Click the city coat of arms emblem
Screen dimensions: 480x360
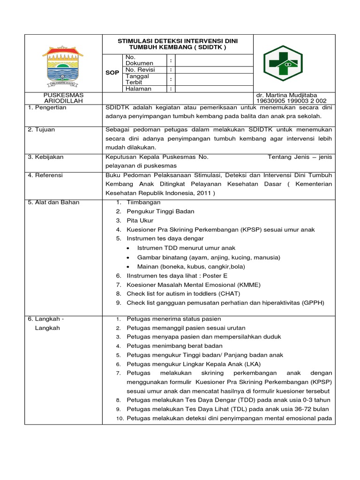[x=63, y=66]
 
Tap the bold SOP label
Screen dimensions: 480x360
[x=112, y=73]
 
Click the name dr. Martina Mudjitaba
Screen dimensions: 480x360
[x=287, y=95]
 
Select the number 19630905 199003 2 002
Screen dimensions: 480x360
[x=291, y=101]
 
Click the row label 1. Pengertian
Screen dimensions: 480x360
[x=47, y=107]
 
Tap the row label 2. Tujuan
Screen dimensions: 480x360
[x=41, y=129]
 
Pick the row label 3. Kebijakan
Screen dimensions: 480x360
[x=45, y=157]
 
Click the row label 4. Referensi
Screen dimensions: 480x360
[x=45, y=175]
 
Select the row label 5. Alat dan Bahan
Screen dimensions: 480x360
[x=53, y=202]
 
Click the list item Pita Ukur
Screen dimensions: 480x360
[x=140, y=220]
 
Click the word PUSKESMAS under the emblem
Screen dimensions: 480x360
[x=63, y=95]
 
